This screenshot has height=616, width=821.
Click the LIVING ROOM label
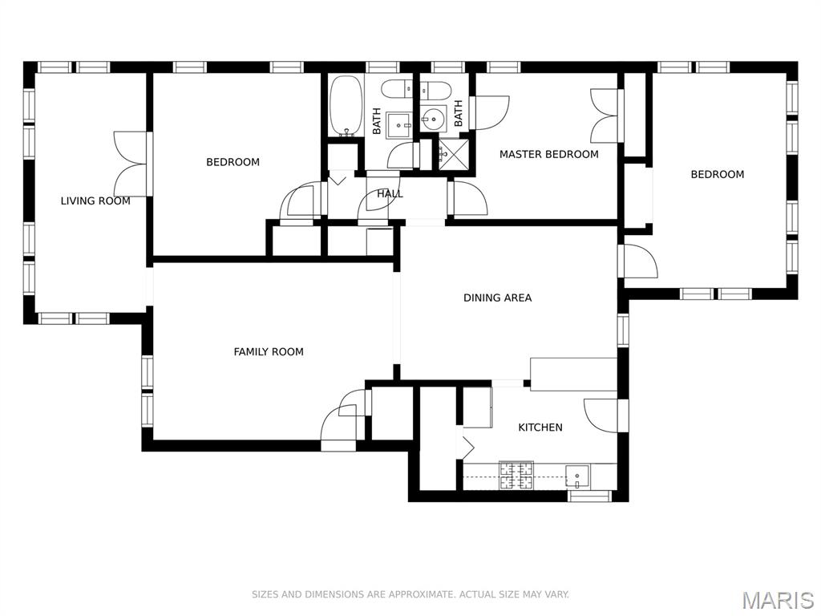tap(95, 201)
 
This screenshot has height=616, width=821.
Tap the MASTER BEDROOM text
tap(548, 154)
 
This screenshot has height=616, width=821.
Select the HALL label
tap(390, 194)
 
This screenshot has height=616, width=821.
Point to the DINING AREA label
tap(497, 298)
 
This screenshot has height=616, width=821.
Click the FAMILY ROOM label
tap(269, 351)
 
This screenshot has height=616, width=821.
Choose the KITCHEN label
tap(540, 428)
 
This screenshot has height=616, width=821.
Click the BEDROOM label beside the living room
tap(233, 162)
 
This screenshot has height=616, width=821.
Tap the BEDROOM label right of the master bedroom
tap(717, 174)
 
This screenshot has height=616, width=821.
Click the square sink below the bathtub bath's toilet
tap(399, 125)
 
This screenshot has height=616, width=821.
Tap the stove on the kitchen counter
tap(516, 475)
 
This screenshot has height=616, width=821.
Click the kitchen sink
tap(576, 476)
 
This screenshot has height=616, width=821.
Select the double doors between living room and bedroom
tap(131, 164)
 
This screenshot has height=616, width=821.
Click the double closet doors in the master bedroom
tap(605, 115)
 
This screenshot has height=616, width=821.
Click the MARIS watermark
tap(777, 600)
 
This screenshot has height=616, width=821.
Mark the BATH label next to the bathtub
tap(377, 121)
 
